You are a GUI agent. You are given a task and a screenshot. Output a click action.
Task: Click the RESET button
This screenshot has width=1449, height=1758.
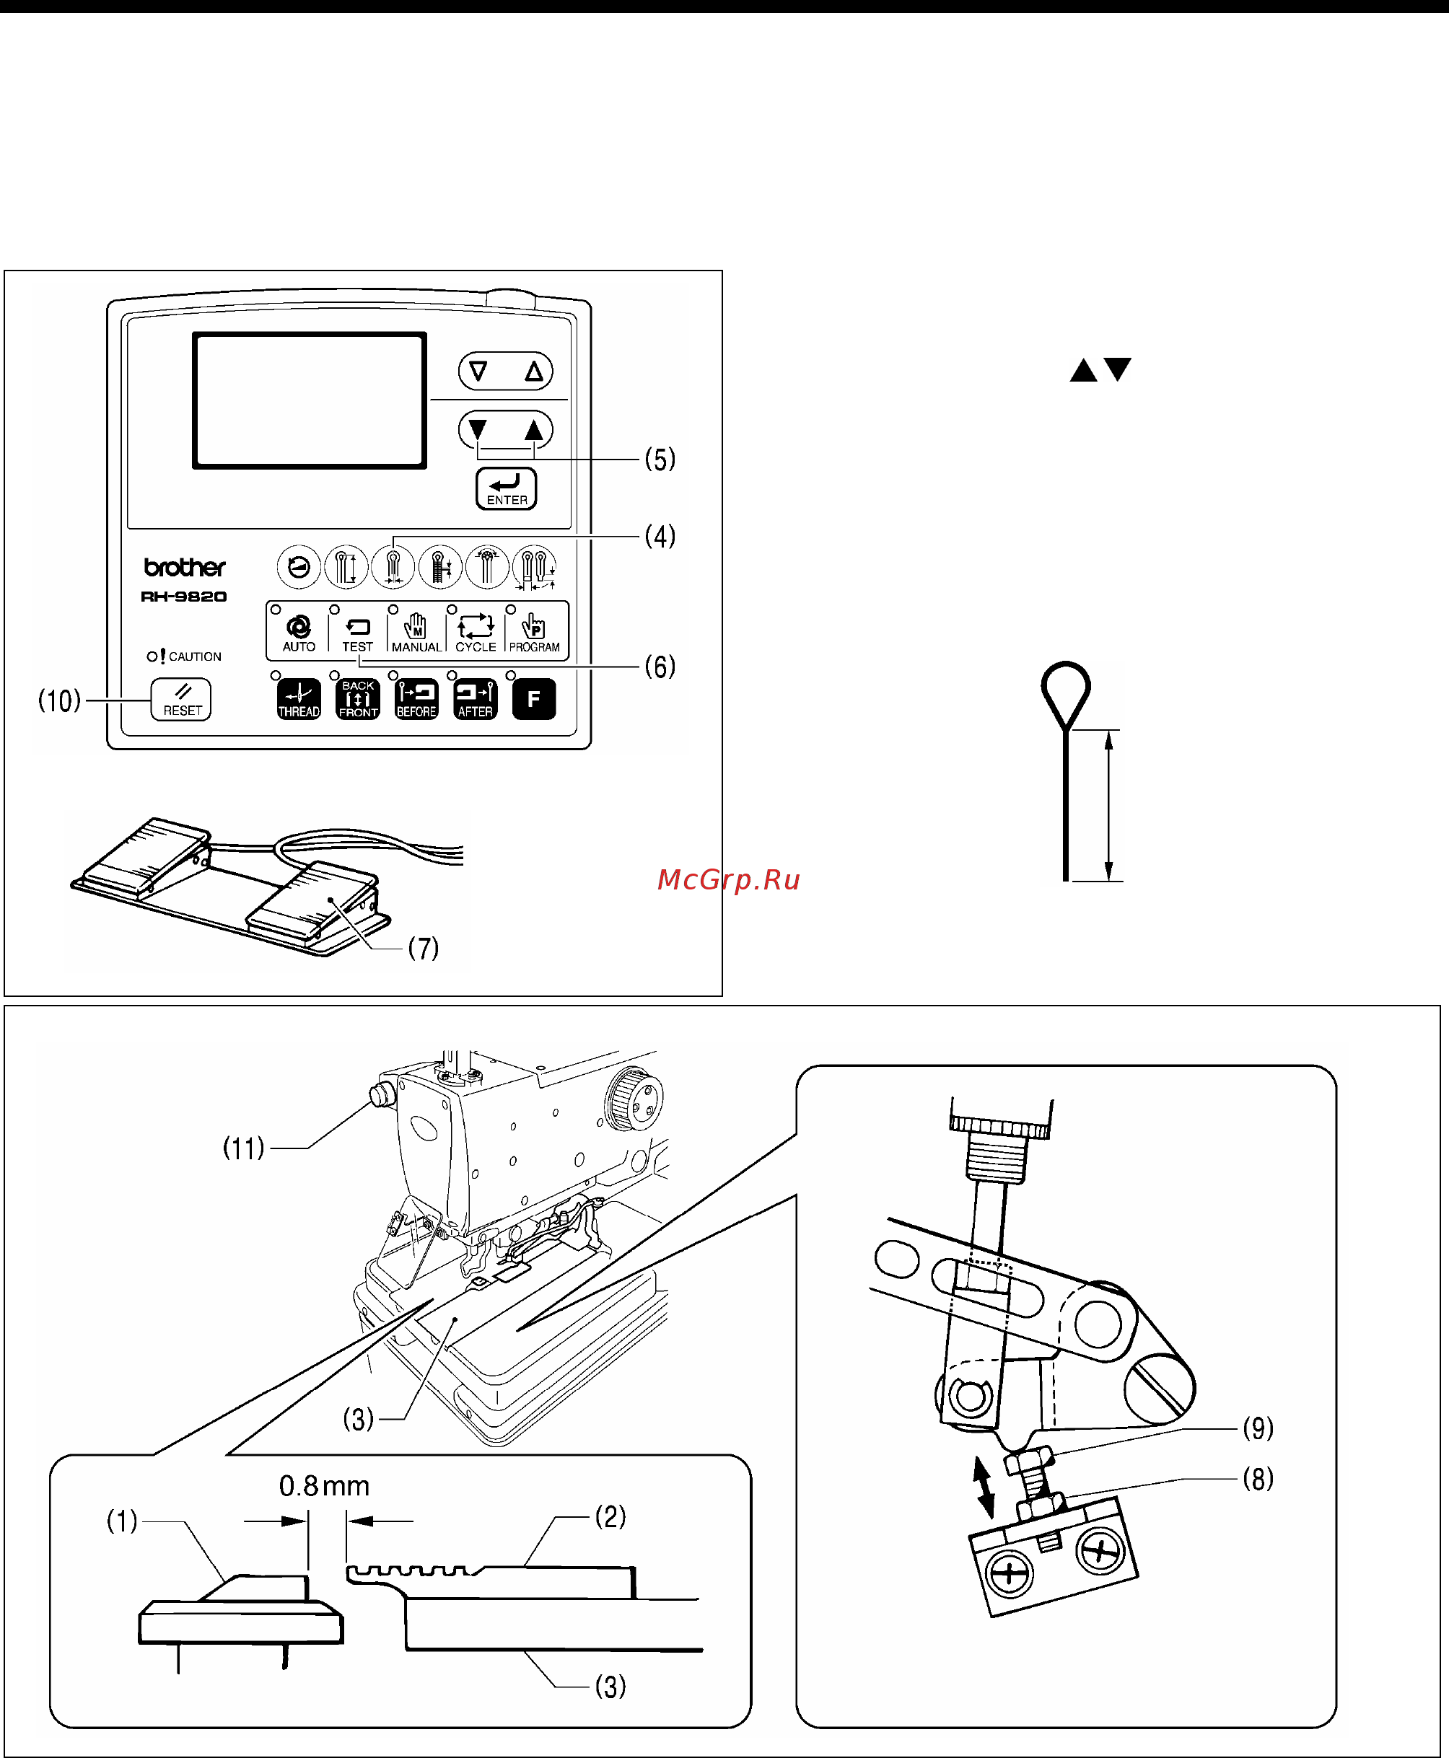tap(180, 699)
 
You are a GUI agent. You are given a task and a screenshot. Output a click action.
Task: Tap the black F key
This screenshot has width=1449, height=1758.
tap(534, 699)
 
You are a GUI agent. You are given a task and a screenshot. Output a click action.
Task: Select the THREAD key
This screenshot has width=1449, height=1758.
tap(299, 699)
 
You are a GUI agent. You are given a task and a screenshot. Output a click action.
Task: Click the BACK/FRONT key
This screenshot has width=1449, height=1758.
tap(358, 699)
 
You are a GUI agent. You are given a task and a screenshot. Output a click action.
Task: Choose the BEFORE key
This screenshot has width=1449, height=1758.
tap(416, 699)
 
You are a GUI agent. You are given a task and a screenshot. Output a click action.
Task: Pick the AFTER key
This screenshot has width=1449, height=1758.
tap(476, 699)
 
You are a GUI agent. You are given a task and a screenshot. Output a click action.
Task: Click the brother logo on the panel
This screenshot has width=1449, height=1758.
tap(185, 568)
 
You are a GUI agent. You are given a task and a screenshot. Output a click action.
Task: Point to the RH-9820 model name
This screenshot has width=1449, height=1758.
tap(183, 597)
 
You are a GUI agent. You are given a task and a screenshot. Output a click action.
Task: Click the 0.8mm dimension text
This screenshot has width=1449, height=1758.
tap(324, 1486)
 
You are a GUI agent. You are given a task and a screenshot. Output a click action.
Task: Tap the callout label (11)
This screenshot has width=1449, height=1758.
tap(244, 1148)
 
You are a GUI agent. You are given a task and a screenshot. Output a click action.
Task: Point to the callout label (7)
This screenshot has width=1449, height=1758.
tap(423, 948)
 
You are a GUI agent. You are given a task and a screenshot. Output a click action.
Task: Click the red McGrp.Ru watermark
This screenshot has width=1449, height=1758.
tap(729, 879)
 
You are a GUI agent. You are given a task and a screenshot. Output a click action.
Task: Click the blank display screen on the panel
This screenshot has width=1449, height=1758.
tap(310, 400)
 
